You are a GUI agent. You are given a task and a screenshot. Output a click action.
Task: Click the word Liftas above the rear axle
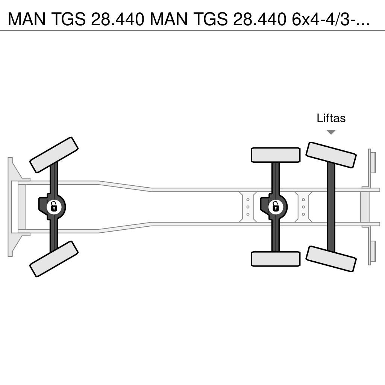331,118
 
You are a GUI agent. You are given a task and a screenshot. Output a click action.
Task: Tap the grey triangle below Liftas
331,132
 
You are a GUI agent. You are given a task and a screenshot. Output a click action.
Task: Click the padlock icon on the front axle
54,206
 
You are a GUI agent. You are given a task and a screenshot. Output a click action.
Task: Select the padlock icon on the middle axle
276,206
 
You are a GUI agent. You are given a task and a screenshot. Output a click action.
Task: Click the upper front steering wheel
54,155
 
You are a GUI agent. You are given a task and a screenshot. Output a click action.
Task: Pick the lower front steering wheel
54,259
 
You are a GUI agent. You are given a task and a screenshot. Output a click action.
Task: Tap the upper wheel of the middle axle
276,155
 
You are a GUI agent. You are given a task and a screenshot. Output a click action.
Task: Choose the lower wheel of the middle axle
276,259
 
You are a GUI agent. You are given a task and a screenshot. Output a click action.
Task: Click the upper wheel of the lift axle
331,155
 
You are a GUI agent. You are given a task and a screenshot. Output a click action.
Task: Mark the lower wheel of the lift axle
331,259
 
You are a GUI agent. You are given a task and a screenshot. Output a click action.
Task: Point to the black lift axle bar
331,207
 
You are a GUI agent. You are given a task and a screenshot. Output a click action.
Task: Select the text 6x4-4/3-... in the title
331,19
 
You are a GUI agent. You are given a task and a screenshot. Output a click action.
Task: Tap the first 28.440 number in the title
117,19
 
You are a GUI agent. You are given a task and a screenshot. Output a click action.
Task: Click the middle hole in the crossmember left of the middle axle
248,207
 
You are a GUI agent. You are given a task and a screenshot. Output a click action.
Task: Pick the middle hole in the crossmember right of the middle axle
303,207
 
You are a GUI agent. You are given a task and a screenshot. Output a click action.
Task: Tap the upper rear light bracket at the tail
372,162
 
